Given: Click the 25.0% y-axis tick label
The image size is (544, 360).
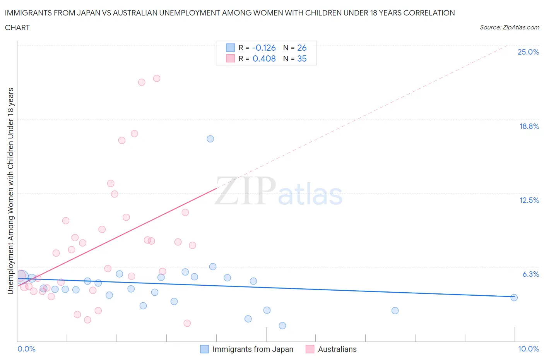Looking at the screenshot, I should [528, 52].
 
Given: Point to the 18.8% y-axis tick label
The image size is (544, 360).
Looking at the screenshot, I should [529, 126].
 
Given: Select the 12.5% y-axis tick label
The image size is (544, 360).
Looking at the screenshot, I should [529, 200].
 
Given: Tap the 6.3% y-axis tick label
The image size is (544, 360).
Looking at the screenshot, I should [530, 274].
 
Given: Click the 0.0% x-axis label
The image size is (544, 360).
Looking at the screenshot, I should [26, 349].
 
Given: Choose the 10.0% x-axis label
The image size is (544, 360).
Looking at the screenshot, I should [528, 349].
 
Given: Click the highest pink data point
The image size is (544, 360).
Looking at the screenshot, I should [157, 78].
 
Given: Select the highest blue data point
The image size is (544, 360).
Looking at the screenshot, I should [210, 139].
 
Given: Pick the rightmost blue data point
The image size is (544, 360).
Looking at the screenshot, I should [514, 298].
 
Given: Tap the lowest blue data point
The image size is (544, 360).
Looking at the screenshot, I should [282, 326].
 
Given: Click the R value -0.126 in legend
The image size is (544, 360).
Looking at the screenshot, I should [263, 48].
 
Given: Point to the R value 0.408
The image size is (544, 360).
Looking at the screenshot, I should [264, 58].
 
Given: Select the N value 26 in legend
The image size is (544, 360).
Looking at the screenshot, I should [302, 48].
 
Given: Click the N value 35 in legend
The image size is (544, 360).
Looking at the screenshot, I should [302, 58].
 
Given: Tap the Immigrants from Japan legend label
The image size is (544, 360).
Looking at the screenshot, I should [253, 349].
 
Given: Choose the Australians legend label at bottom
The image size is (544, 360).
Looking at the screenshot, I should [337, 349].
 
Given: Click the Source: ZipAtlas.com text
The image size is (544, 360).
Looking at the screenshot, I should [509, 27].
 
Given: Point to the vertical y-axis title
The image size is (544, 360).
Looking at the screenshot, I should [11, 191].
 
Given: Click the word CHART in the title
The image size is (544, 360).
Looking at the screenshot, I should [17, 27].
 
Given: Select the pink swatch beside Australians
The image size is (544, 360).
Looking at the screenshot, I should [310, 349].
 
